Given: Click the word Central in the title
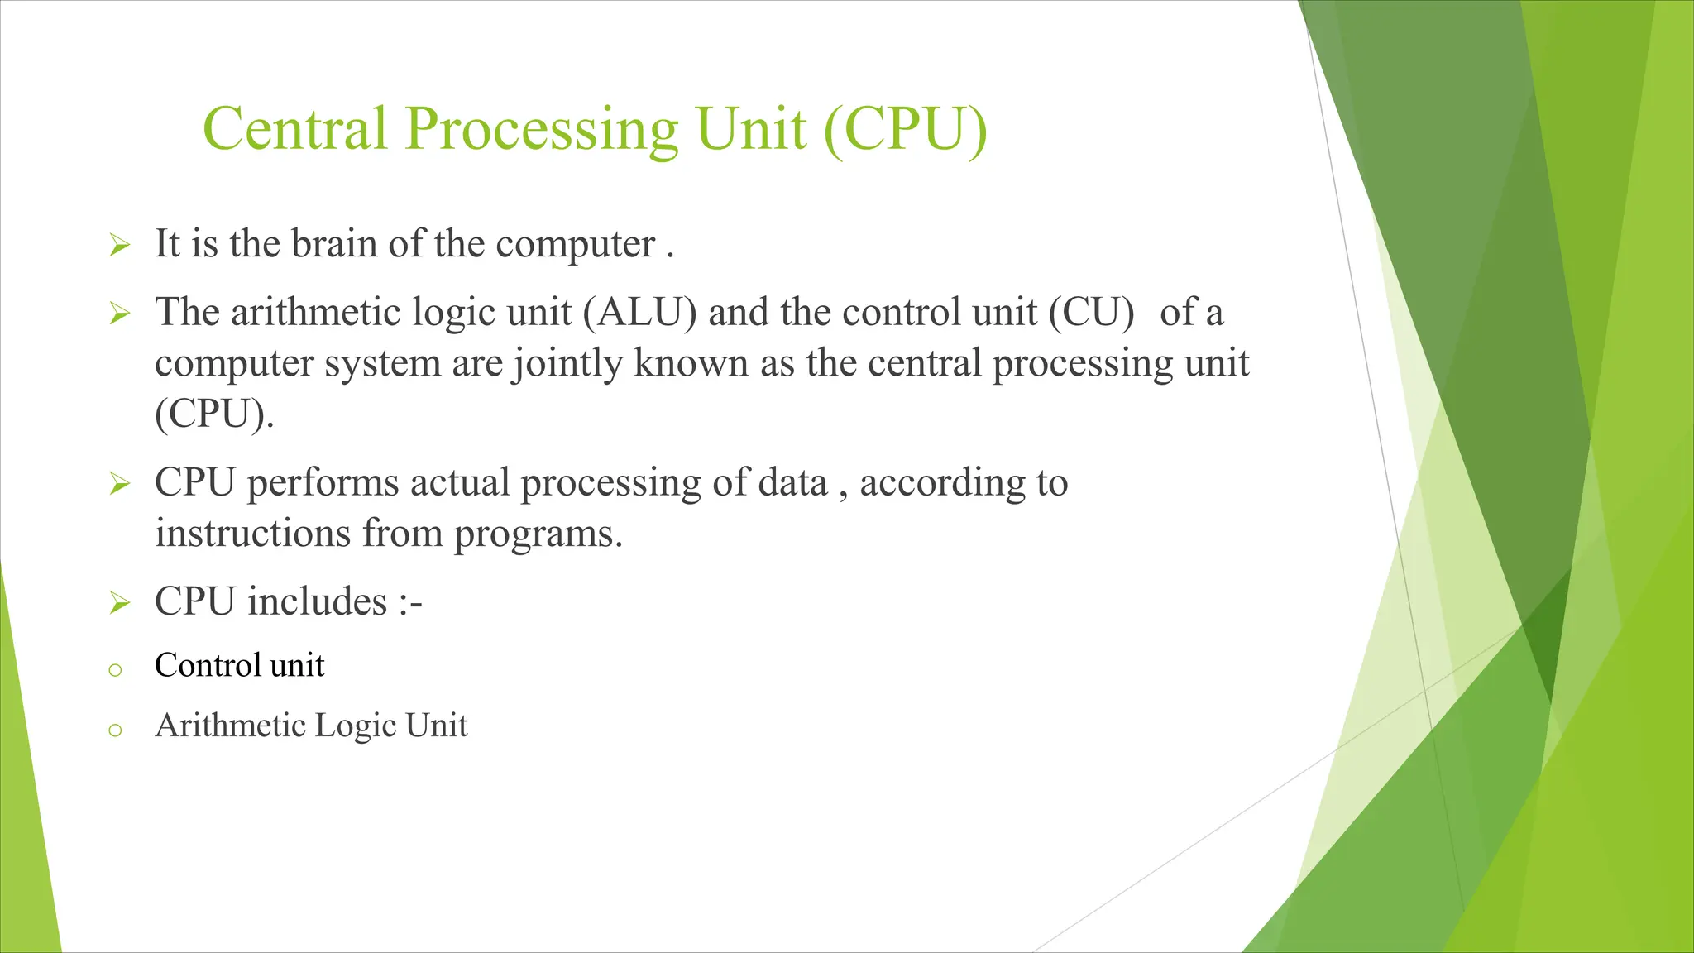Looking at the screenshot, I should [x=294, y=129].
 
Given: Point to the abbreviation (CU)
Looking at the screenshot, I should [x=1091, y=313].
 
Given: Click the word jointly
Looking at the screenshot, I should [x=567, y=363].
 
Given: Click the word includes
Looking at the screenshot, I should [x=317, y=601].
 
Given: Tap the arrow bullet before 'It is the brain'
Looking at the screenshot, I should [x=119, y=246].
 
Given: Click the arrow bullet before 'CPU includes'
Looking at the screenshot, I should [x=119, y=604].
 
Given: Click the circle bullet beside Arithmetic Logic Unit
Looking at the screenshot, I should [x=115, y=730].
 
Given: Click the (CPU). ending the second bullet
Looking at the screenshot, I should [x=213, y=414].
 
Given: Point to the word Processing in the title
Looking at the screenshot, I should [x=541, y=129].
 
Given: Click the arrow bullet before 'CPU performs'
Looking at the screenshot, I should [x=119, y=484].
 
